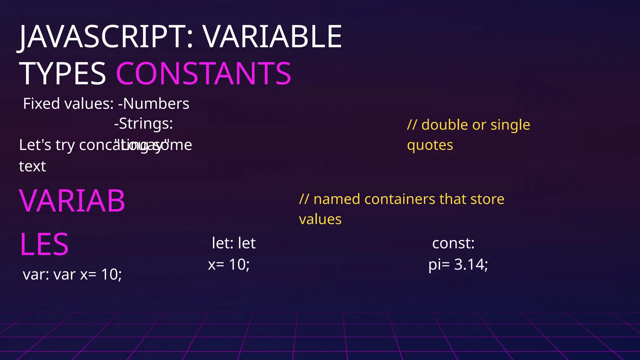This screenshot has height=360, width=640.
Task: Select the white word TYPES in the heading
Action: [62, 74]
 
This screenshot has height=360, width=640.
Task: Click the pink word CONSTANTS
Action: [203, 74]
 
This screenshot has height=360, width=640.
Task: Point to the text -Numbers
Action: [154, 104]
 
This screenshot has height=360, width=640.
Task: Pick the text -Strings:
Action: [143, 124]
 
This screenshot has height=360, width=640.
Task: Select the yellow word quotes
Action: [430, 145]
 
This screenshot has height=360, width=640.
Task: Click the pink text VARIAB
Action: [72, 201]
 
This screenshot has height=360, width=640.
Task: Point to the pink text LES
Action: [44, 244]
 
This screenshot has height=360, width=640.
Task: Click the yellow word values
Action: [320, 219]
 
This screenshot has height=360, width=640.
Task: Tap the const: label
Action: [453, 243]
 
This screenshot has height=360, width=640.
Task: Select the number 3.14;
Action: [471, 264]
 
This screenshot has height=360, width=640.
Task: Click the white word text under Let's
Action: [32, 167]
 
